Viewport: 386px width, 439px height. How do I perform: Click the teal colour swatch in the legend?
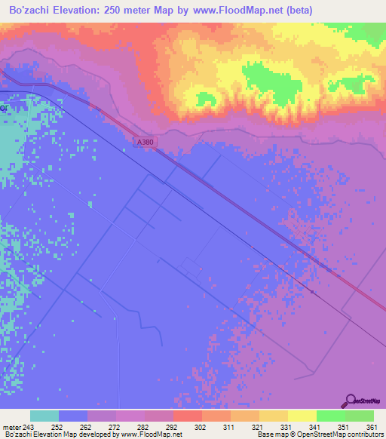coord(44,416)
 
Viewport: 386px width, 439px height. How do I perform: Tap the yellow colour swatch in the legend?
coord(302,416)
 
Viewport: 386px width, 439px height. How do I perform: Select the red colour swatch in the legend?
coord(187,416)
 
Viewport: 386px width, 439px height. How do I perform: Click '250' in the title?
coord(123,10)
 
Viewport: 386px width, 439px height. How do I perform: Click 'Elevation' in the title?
coord(81,10)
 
